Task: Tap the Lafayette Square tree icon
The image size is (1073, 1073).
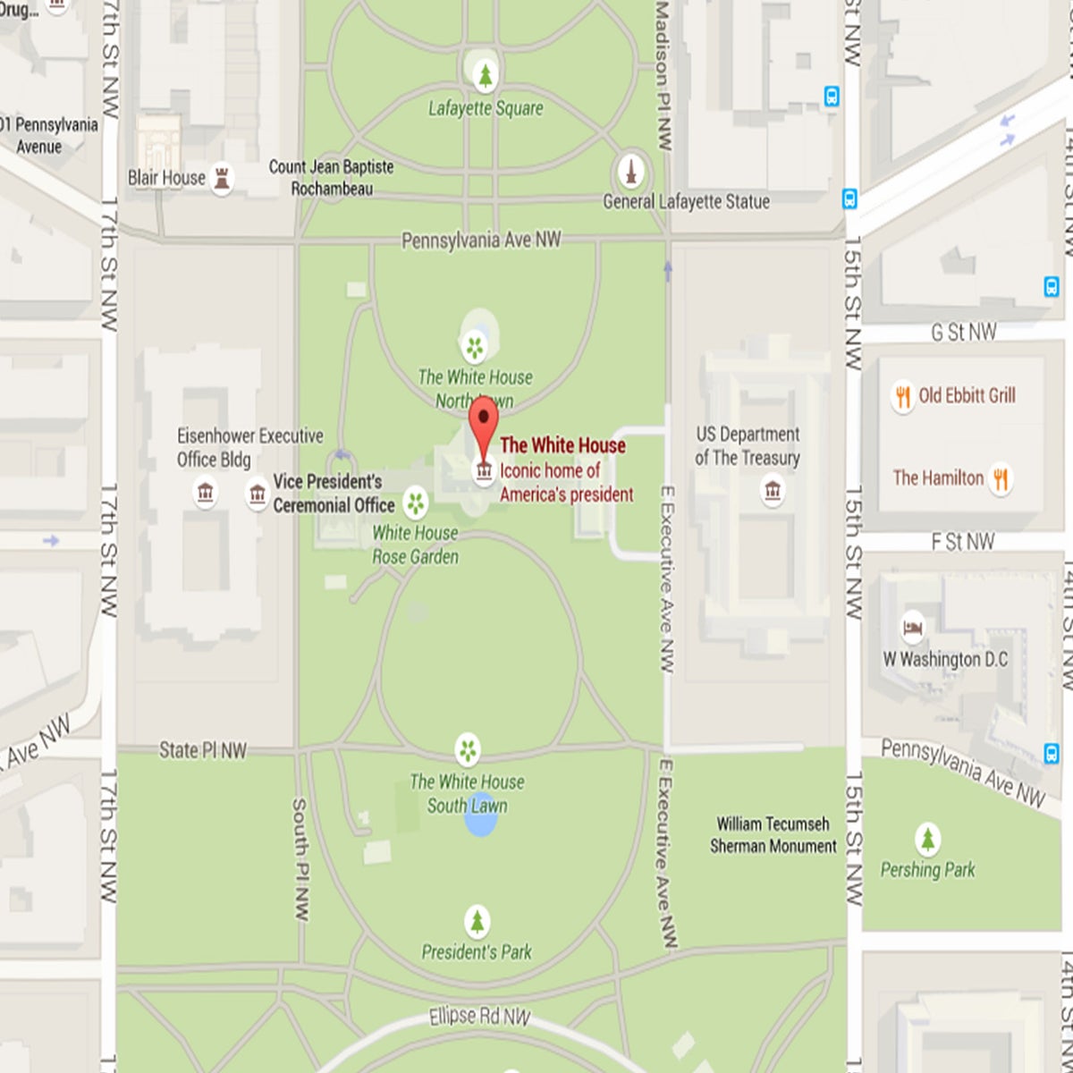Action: [485, 76]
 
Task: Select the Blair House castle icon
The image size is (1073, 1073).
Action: [222, 178]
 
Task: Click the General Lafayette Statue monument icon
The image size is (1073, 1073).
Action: [631, 172]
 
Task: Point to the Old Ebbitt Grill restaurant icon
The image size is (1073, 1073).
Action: [902, 395]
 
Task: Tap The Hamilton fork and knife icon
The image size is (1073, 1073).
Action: [1001, 478]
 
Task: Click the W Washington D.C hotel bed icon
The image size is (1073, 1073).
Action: [912, 628]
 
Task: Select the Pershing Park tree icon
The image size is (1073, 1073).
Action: [928, 840]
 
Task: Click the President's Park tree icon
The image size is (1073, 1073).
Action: [477, 921]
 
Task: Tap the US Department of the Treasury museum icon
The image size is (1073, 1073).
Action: [773, 490]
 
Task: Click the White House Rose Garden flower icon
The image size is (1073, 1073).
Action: [415, 503]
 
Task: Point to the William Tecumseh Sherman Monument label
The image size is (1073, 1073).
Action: [773, 835]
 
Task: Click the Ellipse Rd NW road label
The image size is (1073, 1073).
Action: [479, 1017]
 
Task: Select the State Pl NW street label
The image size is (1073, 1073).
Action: [202, 750]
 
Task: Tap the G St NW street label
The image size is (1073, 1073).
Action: [963, 333]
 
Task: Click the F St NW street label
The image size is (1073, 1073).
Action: [962, 542]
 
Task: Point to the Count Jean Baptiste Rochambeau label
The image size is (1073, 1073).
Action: [331, 177]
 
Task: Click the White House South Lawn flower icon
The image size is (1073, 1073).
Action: [467, 749]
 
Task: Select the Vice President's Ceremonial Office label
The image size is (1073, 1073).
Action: [333, 494]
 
